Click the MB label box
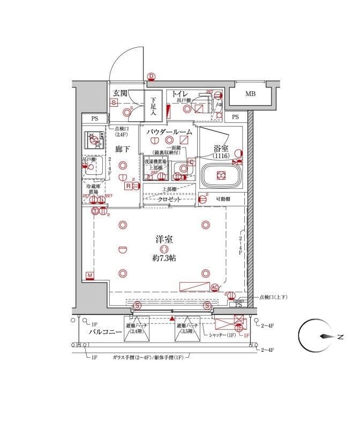[x=251, y=95]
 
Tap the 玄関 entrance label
[x=119, y=93]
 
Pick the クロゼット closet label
[x=169, y=199]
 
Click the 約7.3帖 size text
[x=164, y=258]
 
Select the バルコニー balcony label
[x=104, y=332]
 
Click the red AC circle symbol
[x=215, y=287]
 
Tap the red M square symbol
[x=90, y=276]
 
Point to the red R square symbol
[x=129, y=186]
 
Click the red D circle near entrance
[x=151, y=77]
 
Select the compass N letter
[x=340, y=337]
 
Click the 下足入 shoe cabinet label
[x=153, y=106]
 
